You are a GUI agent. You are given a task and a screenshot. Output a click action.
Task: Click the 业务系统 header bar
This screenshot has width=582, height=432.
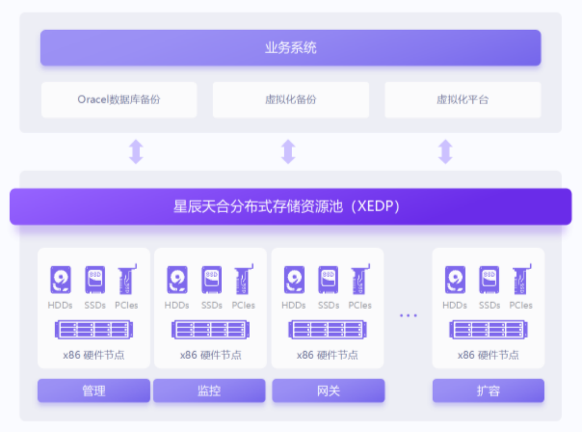coord(290,48)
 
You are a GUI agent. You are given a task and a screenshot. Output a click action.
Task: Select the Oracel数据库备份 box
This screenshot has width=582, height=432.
coord(119,100)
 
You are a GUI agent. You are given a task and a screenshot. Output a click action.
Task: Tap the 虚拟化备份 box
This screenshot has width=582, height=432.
coord(290,100)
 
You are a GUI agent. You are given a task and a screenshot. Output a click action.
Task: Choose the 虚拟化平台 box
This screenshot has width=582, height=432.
coord(463,100)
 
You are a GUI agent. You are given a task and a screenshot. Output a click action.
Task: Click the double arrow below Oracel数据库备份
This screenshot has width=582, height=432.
coord(135,152)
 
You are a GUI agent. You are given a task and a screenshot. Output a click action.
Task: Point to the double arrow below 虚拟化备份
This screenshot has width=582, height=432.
coord(288,152)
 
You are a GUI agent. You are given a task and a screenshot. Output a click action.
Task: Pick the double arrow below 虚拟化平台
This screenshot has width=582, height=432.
coord(445,152)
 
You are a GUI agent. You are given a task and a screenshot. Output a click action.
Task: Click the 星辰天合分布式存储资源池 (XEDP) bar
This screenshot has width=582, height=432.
coord(290,206)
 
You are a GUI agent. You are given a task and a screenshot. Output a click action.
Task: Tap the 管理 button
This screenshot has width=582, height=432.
coord(94,391)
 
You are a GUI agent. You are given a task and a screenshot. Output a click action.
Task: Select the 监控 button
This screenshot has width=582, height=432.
coord(209,391)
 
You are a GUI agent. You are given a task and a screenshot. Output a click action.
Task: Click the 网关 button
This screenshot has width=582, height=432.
coord(328,391)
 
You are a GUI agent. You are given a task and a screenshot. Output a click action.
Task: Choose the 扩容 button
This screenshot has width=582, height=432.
coord(488,391)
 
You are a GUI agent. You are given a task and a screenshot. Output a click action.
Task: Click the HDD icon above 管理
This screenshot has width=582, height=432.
coord(60,280)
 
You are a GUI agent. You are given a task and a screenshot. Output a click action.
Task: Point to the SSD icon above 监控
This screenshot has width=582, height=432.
coord(211,280)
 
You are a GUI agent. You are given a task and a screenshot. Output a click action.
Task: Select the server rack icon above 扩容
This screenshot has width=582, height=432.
coord(488,330)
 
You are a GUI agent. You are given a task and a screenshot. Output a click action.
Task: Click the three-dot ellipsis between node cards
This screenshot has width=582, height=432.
coord(408,315)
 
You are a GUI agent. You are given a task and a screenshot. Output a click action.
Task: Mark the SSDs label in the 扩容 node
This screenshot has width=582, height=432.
coord(489,305)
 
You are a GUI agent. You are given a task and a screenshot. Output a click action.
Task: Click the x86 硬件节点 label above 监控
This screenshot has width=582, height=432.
coord(210,355)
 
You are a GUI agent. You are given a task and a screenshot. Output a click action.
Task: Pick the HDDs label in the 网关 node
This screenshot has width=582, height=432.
coord(294,305)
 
